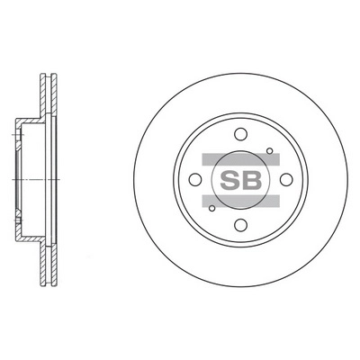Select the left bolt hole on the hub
tap(195, 180)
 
